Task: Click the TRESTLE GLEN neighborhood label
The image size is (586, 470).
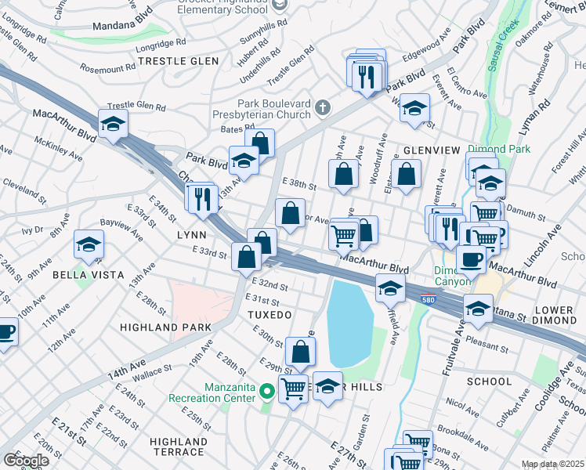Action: pyautogui.click(x=174, y=60)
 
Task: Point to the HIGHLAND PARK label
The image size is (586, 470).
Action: pyautogui.click(x=166, y=326)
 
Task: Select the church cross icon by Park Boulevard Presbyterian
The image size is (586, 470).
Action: pyautogui.click(x=322, y=106)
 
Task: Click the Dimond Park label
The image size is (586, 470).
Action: pyautogui.click(x=499, y=149)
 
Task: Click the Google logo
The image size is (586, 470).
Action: pyautogui.click(x=26, y=460)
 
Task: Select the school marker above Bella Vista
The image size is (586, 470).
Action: pyautogui.click(x=88, y=245)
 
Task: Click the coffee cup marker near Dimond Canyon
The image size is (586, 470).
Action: pyautogui.click(x=470, y=259)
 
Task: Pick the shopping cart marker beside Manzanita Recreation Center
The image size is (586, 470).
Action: pyautogui.click(x=293, y=387)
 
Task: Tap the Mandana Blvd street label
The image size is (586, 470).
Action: pyautogui.click(x=121, y=25)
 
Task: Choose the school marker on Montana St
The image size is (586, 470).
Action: pyautogui.click(x=478, y=309)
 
